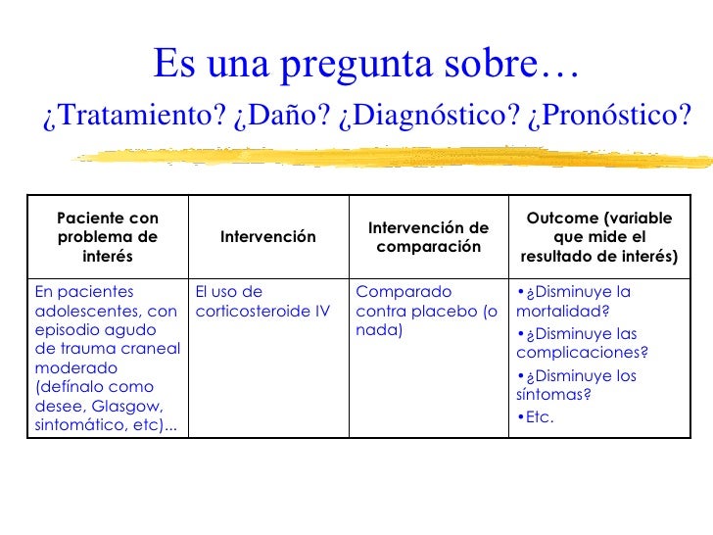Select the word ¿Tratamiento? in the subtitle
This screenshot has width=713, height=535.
click(x=134, y=117)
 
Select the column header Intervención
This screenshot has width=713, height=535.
click(x=267, y=236)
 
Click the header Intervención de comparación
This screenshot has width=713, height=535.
click(x=428, y=236)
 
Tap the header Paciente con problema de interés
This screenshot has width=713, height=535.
click(x=108, y=236)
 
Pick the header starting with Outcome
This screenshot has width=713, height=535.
click(x=599, y=236)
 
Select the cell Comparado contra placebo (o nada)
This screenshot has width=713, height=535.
click(x=426, y=311)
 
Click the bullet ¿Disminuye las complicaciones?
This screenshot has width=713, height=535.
click(x=583, y=343)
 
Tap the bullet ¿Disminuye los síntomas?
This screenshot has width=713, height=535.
click(x=577, y=385)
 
